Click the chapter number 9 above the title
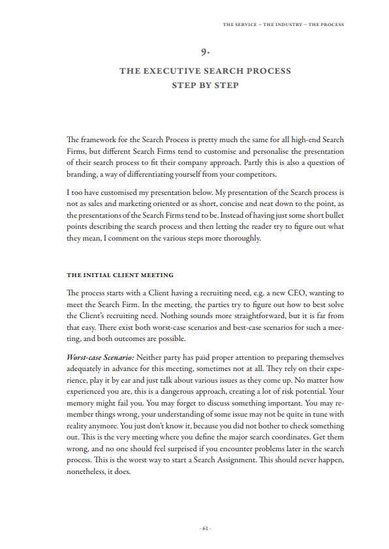206,52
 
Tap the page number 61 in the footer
206,527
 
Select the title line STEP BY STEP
205,85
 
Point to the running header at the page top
283,25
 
